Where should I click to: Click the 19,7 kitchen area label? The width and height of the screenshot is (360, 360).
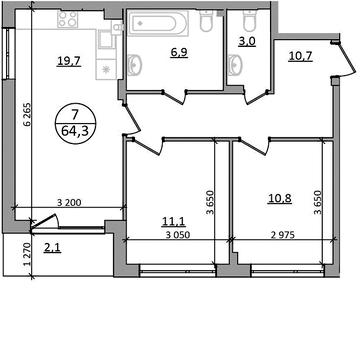(x=69, y=62)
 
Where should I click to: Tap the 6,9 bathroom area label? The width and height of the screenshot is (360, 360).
(x=179, y=53)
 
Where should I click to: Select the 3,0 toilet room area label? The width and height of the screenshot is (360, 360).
(x=247, y=42)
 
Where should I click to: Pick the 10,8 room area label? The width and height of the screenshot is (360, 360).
(x=280, y=198)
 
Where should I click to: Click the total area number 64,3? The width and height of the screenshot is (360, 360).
(x=75, y=131)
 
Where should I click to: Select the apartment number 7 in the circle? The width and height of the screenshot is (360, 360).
(x=75, y=115)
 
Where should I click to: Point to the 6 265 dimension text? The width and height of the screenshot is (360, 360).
(x=27, y=114)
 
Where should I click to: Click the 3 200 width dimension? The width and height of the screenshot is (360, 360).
(x=69, y=202)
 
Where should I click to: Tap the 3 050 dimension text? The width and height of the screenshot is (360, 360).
(x=178, y=235)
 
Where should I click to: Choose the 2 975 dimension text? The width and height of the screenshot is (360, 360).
(x=283, y=235)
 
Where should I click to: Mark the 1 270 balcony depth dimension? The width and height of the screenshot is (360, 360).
(x=28, y=254)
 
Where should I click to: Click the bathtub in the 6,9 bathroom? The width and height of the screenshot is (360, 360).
(x=159, y=23)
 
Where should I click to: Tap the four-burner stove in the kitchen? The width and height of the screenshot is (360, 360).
(x=68, y=19)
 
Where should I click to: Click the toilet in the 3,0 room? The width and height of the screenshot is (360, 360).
(x=247, y=21)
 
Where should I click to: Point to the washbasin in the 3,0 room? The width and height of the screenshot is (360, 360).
(x=235, y=64)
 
